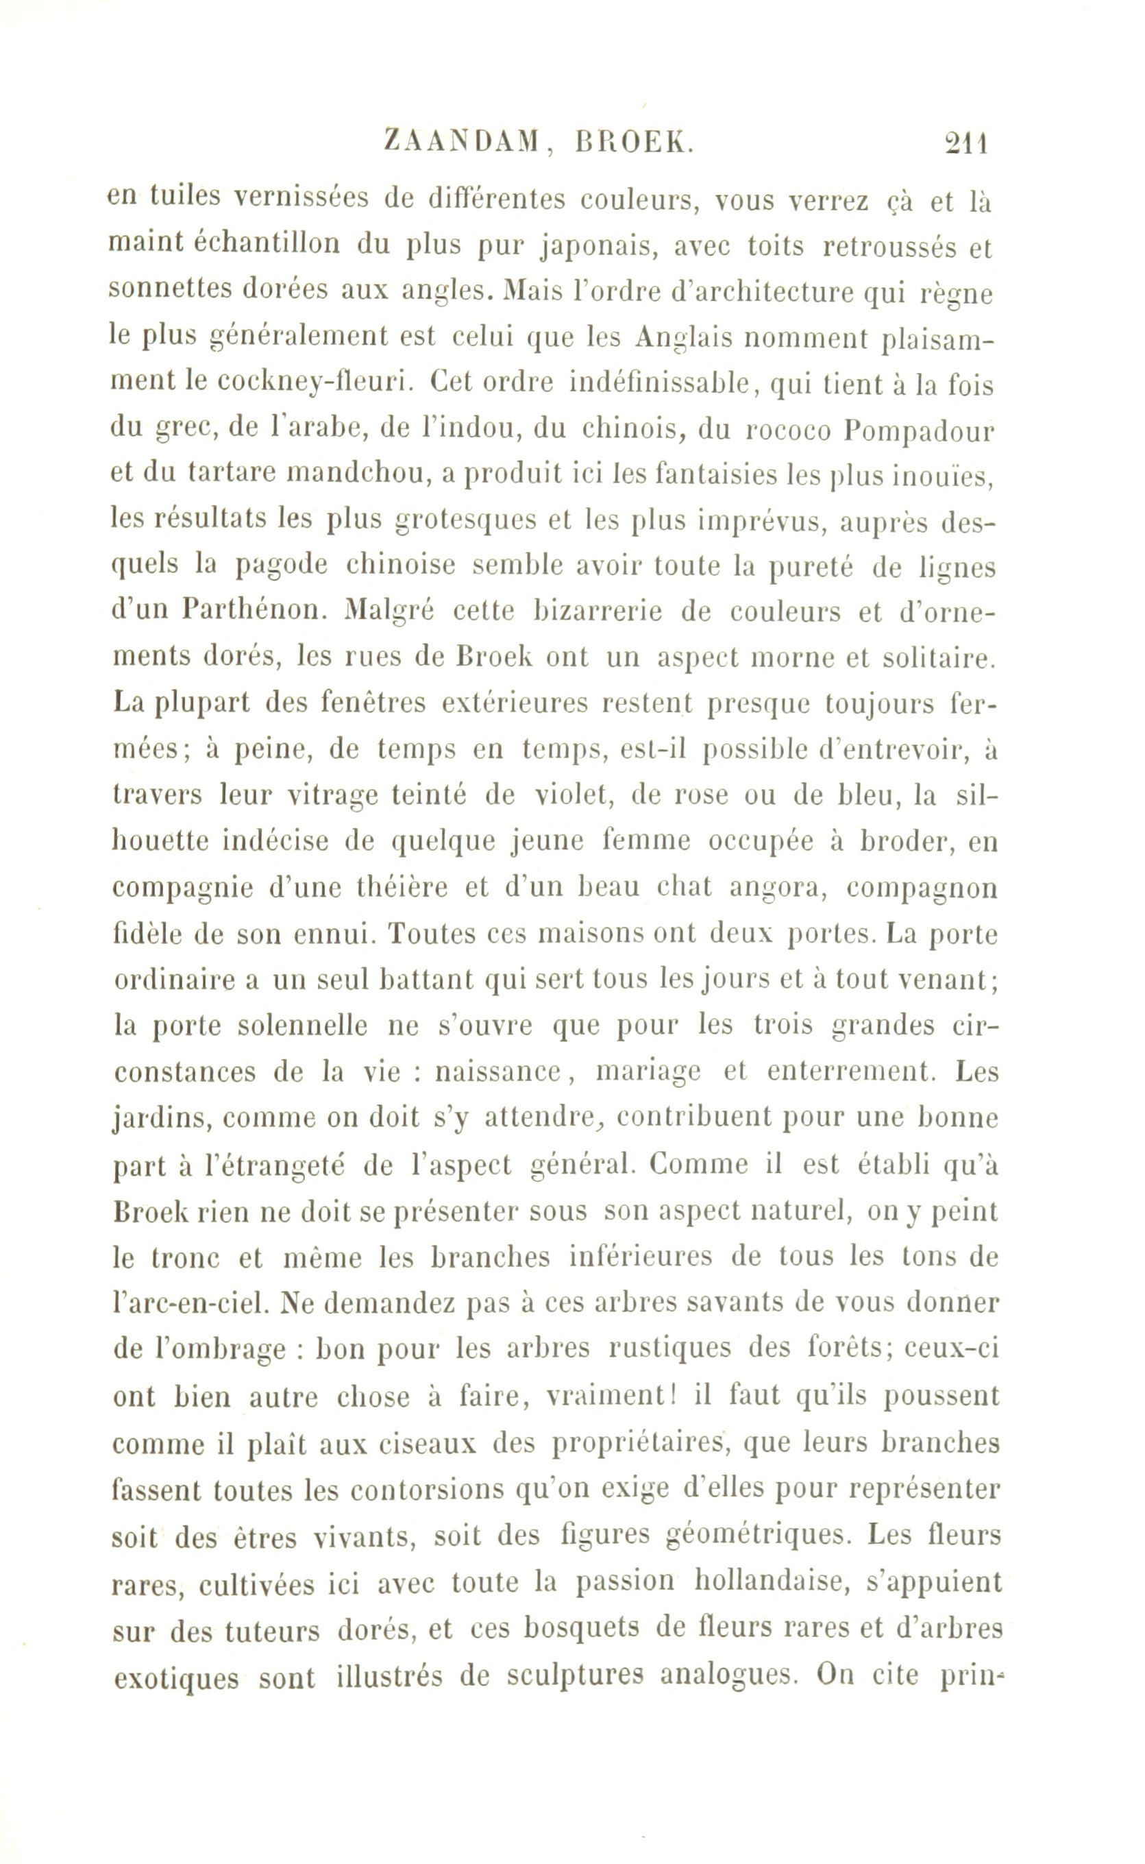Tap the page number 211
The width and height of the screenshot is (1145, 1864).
(966, 143)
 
